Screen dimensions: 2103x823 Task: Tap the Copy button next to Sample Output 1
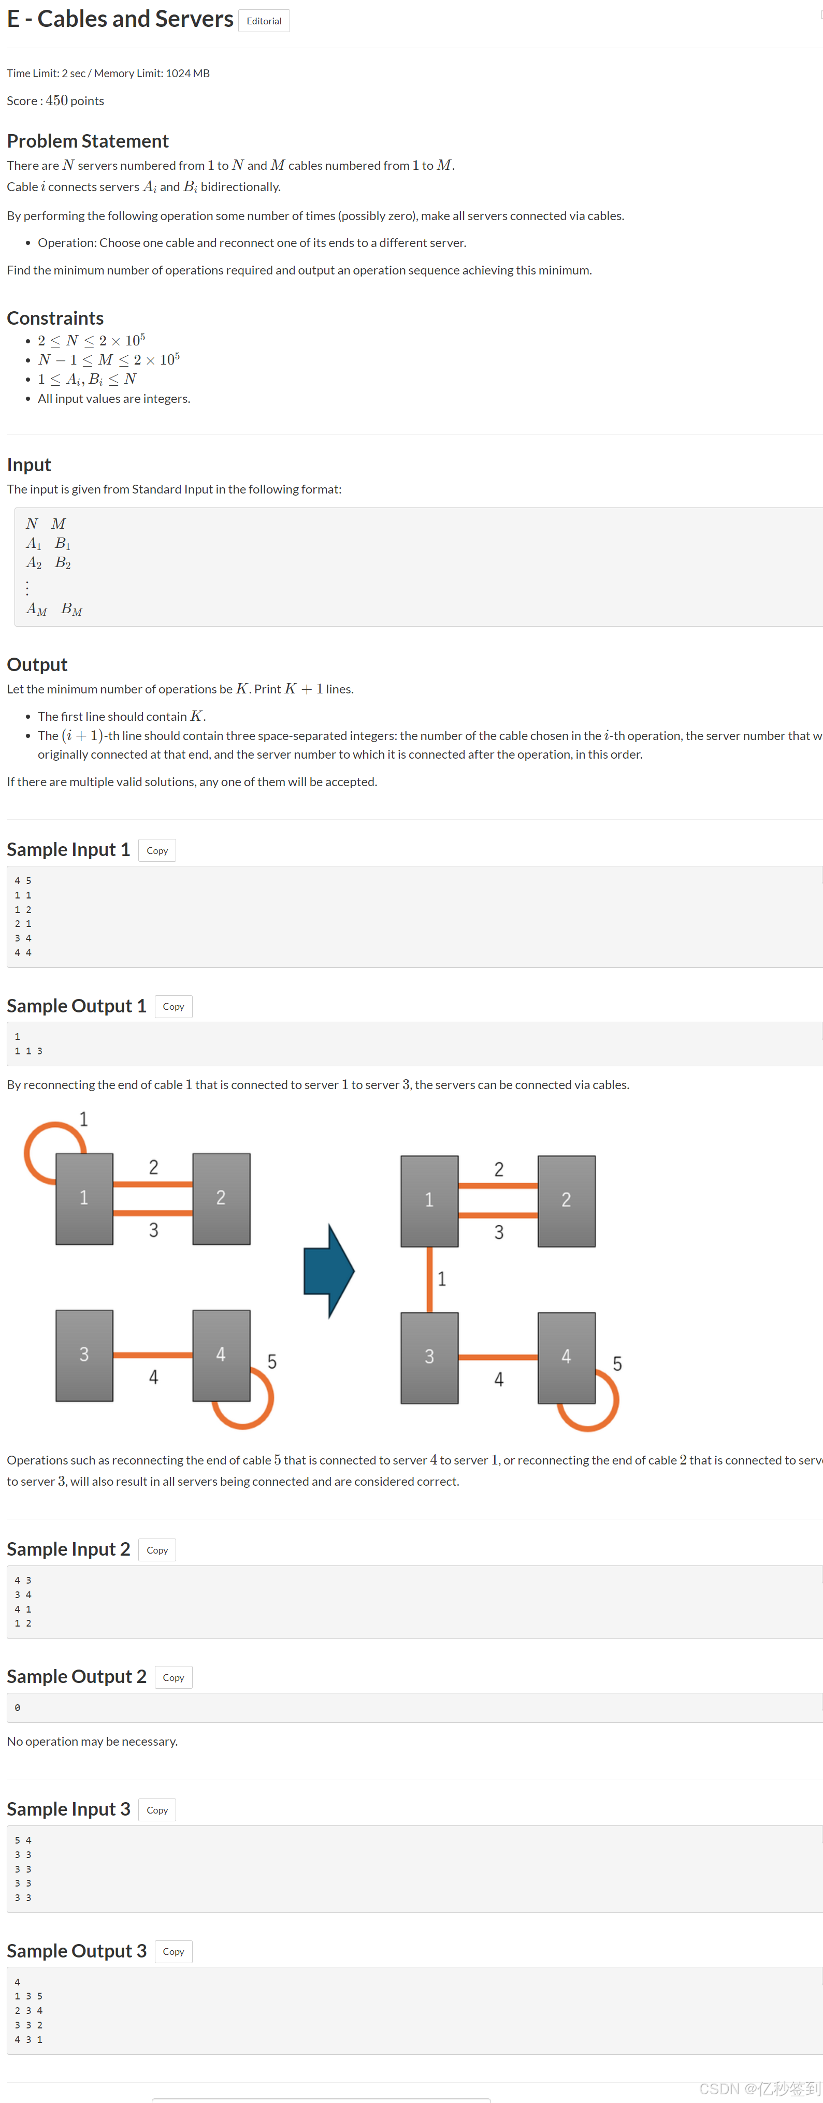click(173, 1007)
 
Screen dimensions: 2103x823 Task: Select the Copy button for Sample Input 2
click(157, 1550)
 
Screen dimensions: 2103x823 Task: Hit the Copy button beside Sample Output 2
click(173, 1678)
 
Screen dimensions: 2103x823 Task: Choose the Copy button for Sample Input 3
click(157, 1810)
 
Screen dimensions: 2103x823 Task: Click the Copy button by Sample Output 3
click(173, 1952)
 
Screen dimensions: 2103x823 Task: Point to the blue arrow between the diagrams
click(328, 1270)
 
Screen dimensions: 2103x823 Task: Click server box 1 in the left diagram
click(84, 1198)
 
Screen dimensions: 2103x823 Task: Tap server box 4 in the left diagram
click(221, 1355)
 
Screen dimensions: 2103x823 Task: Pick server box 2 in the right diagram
click(567, 1200)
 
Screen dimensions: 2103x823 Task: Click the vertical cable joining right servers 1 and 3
click(429, 1279)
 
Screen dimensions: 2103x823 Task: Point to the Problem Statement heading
click(88, 141)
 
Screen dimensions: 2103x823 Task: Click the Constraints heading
click(55, 318)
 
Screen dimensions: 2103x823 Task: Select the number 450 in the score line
click(56, 100)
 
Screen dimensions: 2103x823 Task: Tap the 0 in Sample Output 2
click(17, 1708)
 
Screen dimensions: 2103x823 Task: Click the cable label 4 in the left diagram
click(153, 1378)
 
